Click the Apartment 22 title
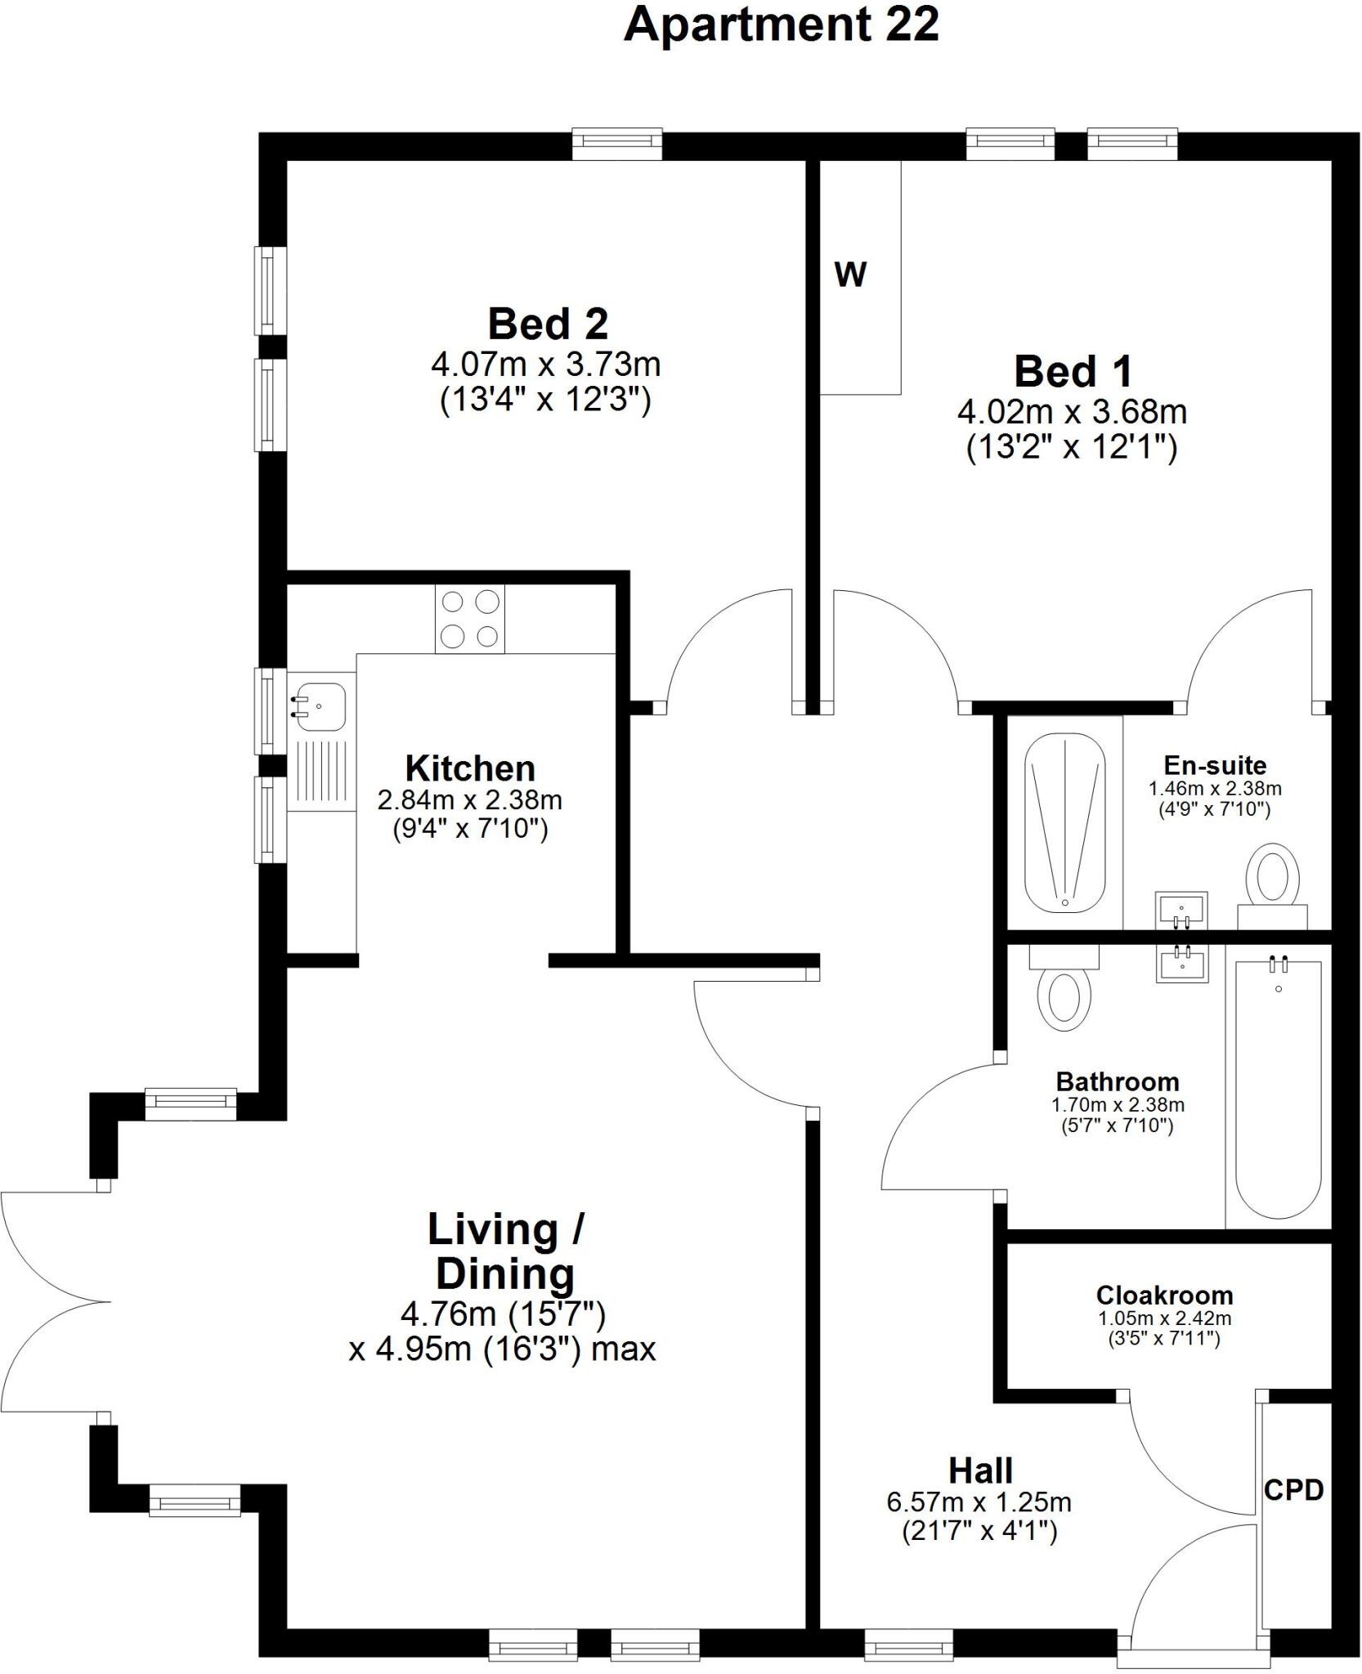(781, 25)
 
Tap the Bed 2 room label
(548, 324)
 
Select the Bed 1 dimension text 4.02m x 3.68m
(1072, 411)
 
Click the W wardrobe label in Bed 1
(850, 275)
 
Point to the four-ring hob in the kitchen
(470, 619)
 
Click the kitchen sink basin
(321, 706)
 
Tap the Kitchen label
(470, 768)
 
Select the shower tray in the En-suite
(1064, 821)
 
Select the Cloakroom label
(1164, 1295)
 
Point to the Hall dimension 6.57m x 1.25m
(979, 1502)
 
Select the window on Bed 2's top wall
(616, 144)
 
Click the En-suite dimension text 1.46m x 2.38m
(1215, 789)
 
